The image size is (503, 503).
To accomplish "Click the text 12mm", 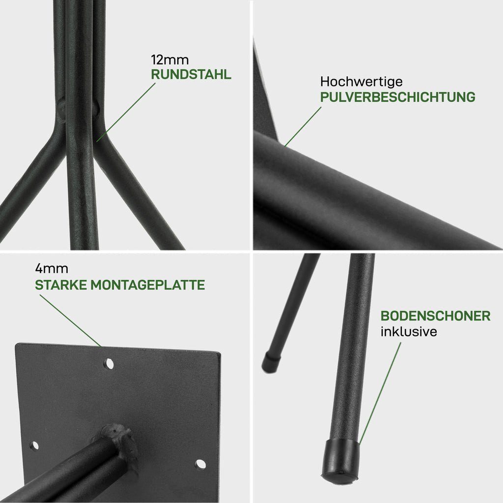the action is pyautogui.click(x=169, y=60).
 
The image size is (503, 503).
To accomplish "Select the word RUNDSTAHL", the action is pyautogui.click(x=191, y=75).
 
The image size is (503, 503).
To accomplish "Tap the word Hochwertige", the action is pyautogui.click(x=361, y=82).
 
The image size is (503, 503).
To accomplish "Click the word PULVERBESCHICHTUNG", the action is pyautogui.click(x=398, y=97).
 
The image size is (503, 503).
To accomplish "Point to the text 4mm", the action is pyautogui.click(x=52, y=269).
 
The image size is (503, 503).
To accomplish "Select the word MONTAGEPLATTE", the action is pyautogui.click(x=147, y=285).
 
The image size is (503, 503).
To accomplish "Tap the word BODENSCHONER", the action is pyautogui.click(x=435, y=316).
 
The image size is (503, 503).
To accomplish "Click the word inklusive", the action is pyautogui.click(x=409, y=332).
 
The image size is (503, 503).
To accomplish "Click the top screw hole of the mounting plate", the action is pyautogui.click(x=109, y=364).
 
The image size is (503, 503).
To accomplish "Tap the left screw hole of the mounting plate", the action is pyautogui.click(x=34, y=446).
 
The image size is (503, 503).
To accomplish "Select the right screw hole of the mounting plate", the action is pyautogui.click(x=200, y=464).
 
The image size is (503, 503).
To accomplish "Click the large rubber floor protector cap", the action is pyautogui.click(x=340, y=461).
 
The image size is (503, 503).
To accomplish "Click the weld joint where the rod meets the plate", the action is pyautogui.click(x=119, y=440).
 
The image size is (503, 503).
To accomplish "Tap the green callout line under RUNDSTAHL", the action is pyautogui.click(x=126, y=112).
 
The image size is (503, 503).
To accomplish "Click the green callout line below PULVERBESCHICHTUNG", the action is pyautogui.click(x=303, y=127).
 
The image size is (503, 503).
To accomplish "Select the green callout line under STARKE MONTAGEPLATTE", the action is pyautogui.click(x=70, y=320).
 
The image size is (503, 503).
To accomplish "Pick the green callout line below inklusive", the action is pyautogui.click(x=380, y=393).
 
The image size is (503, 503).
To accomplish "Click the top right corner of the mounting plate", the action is pyautogui.click(x=220, y=353).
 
